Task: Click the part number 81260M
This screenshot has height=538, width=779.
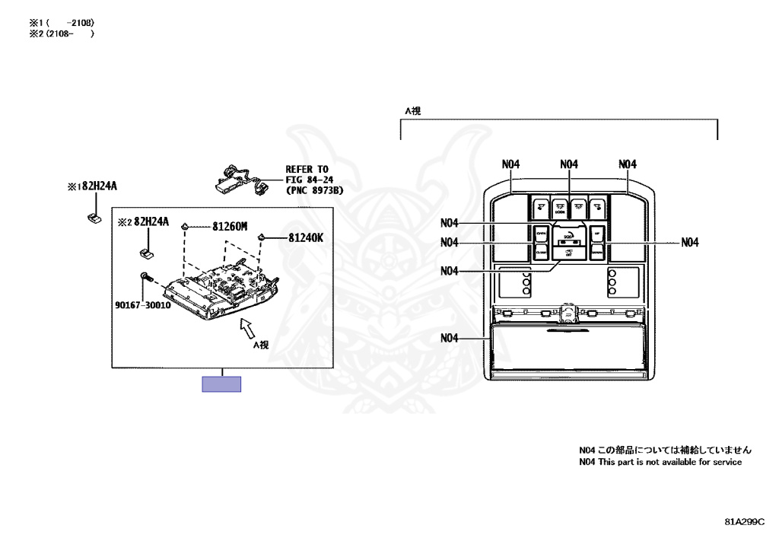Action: pyautogui.click(x=231, y=226)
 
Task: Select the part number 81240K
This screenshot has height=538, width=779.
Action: pyautogui.click(x=305, y=237)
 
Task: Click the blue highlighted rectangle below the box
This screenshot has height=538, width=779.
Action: pyautogui.click(x=221, y=384)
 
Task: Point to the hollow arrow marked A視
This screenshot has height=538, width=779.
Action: pyautogui.click(x=247, y=328)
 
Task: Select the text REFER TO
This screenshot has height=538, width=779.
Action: pyautogui.click(x=307, y=169)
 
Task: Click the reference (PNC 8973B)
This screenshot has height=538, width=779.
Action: pyautogui.click(x=313, y=190)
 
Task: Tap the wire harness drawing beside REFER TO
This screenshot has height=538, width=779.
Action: pyautogui.click(x=239, y=178)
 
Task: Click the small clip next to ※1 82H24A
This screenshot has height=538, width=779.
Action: pyautogui.click(x=95, y=217)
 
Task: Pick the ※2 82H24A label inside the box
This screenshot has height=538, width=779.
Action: pyautogui.click(x=148, y=222)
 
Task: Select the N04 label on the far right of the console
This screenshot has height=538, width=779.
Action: pyautogui.click(x=689, y=243)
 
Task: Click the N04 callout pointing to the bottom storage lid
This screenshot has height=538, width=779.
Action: pyautogui.click(x=449, y=338)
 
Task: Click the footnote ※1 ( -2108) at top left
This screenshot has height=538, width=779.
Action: pyautogui.click(x=62, y=23)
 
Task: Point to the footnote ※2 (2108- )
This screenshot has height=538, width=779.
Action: pyautogui.click(x=62, y=33)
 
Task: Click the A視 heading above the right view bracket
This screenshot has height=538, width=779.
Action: pyautogui.click(x=412, y=110)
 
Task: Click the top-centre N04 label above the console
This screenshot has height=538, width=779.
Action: pyautogui.click(x=569, y=164)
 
